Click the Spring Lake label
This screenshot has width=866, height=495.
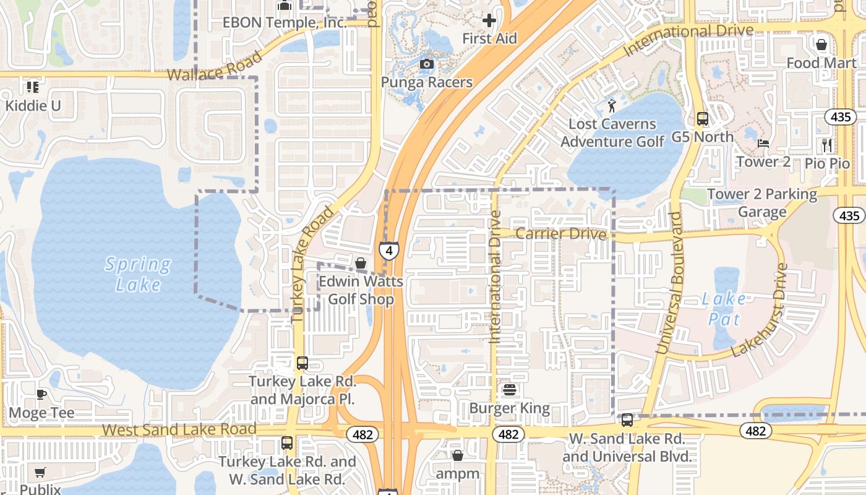pyautogui.click(x=137, y=274)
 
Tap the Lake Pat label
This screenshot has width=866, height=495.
pyautogui.click(x=724, y=309)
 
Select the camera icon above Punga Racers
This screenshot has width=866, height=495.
pyautogui.click(x=426, y=64)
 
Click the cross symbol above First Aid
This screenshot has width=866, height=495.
pyautogui.click(x=489, y=20)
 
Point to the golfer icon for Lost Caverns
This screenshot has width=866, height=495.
pyautogui.click(x=612, y=105)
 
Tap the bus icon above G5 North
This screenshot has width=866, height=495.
pyautogui.click(x=702, y=118)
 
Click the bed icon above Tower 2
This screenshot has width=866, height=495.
pyautogui.click(x=763, y=144)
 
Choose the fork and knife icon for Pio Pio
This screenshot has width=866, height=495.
pyautogui.click(x=827, y=145)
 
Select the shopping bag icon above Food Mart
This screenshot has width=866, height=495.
pyautogui.click(x=821, y=45)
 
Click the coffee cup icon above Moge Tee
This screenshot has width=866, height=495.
pyautogui.click(x=41, y=394)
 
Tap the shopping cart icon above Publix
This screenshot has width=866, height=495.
pyautogui.click(x=40, y=472)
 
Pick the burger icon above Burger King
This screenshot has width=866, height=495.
pyautogui.click(x=510, y=390)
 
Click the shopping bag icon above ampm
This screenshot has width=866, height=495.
pyautogui.click(x=458, y=455)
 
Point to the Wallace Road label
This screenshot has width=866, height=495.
pyautogui.click(x=215, y=67)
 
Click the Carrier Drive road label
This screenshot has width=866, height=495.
pyautogui.click(x=560, y=234)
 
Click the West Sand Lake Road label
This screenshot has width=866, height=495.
pyautogui.click(x=179, y=429)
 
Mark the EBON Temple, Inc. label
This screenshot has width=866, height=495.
pyautogui.click(x=285, y=23)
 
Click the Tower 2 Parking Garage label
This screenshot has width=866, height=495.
pyautogui.click(x=762, y=203)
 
